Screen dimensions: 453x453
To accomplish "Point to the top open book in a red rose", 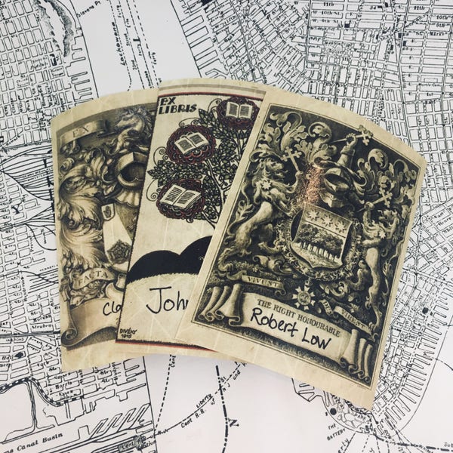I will pos(238,111).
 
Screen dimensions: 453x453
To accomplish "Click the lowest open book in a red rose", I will pos(180,198).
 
